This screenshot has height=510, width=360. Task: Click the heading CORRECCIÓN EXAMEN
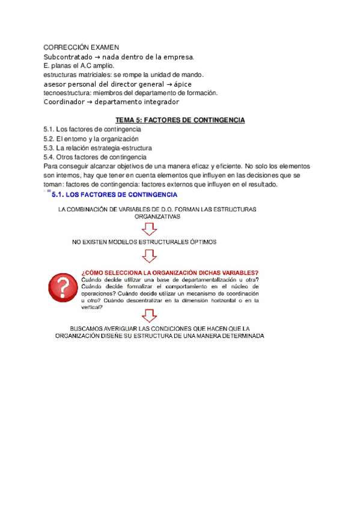[x=82, y=48]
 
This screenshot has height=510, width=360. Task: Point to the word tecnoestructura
[x=68, y=93]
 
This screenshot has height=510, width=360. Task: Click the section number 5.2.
[x=49, y=138]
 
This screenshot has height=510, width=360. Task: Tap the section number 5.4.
[x=49, y=156]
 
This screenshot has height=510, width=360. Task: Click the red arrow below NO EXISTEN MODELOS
[x=148, y=256]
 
